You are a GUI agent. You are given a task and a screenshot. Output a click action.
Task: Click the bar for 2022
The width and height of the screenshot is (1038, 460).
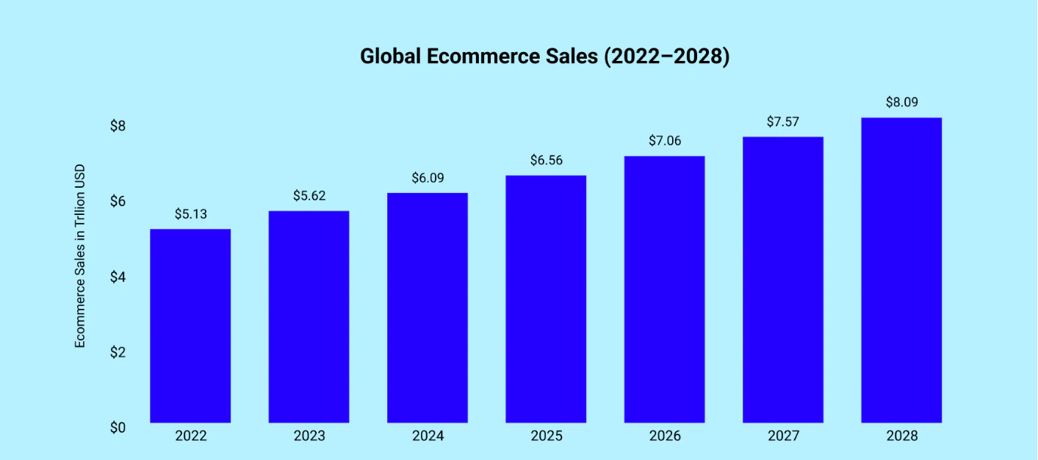point(190,326)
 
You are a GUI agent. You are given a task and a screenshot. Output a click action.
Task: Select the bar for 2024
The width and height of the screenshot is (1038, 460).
point(428,307)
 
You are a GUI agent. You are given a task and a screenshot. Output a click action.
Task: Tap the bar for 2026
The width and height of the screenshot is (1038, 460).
point(664,289)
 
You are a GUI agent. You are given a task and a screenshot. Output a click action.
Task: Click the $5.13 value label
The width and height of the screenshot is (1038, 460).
point(190,214)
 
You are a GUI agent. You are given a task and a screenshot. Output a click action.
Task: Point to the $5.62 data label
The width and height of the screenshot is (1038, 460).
point(309,196)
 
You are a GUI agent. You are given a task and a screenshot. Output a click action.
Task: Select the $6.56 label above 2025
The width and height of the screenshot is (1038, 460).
point(546,160)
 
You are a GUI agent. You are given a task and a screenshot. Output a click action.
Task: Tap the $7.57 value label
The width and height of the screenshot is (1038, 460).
point(783,122)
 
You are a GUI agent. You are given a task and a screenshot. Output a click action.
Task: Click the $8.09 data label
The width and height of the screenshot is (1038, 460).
point(901,102)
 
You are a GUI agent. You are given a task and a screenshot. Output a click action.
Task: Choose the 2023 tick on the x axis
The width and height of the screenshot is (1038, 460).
point(309,436)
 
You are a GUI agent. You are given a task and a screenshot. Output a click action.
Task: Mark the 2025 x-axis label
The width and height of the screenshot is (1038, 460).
point(546,436)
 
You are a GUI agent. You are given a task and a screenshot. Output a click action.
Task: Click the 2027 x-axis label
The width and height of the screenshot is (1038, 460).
point(783,436)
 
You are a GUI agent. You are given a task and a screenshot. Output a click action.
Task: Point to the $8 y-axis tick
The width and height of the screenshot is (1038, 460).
point(118,126)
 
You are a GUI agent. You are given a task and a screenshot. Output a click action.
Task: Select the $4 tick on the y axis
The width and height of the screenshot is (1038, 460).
point(118,277)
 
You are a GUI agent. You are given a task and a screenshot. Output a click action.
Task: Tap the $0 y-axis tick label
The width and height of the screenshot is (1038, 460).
point(118,427)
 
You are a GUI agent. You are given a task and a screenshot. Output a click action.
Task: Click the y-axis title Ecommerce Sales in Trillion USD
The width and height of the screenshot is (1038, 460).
point(80,255)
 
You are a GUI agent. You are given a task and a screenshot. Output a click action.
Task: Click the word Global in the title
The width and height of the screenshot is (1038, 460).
point(389,56)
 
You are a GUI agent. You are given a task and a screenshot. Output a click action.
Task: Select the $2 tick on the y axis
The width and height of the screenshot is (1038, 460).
point(118,351)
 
